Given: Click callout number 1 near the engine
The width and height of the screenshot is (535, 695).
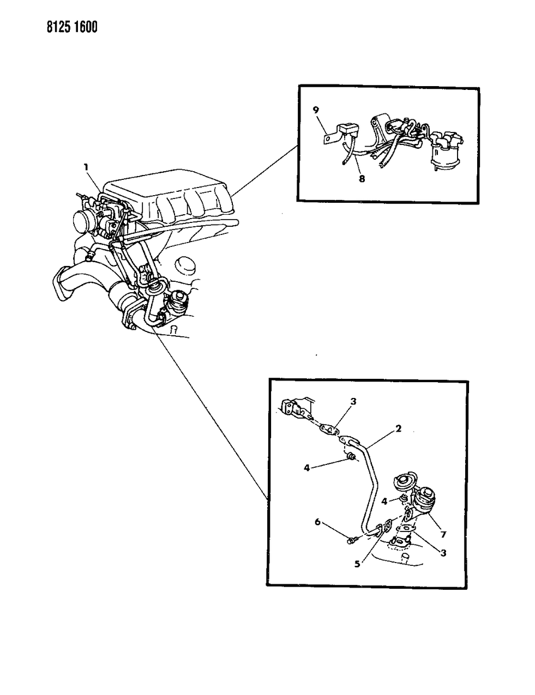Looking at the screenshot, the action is [x=86, y=167].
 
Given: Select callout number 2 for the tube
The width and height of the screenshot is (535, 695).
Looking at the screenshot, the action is [x=398, y=428].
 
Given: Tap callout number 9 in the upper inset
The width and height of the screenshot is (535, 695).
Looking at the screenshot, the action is [x=316, y=110].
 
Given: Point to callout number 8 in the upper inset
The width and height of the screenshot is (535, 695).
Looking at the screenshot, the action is [x=362, y=179].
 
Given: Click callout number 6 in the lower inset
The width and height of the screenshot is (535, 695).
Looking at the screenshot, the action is [x=317, y=522].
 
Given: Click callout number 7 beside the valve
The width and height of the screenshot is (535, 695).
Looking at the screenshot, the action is [x=443, y=534].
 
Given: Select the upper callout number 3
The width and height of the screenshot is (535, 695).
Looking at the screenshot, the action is [x=353, y=401].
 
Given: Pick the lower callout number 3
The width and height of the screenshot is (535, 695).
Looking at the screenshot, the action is [x=443, y=553].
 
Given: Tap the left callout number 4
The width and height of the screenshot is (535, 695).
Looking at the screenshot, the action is [x=307, y=468].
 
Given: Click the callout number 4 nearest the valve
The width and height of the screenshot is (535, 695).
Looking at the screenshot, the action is [x=384, y=501].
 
